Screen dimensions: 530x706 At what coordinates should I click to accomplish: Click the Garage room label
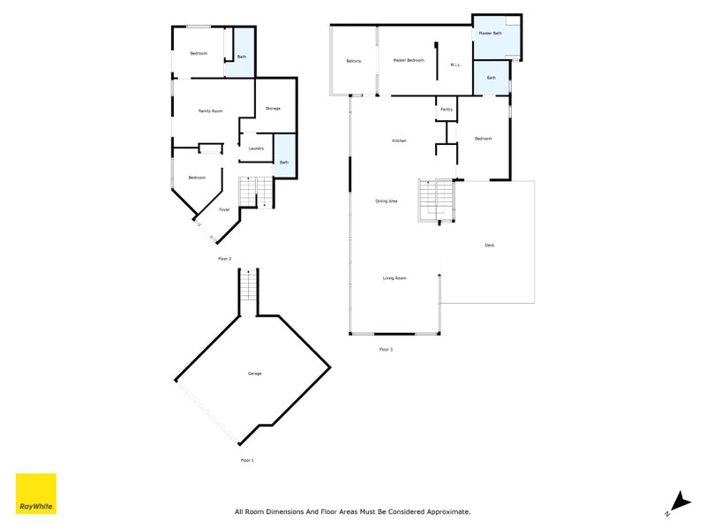pos(254,374)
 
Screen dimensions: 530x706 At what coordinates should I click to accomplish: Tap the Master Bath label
pos(490,34)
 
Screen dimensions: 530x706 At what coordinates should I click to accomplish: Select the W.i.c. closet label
pos(455,64)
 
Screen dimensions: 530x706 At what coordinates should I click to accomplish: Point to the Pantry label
pos(447,110)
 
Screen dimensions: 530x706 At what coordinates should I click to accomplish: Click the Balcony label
pos(353,60)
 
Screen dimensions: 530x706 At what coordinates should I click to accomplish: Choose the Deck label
pos(489,245)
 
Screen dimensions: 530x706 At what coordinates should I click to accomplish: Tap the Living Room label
pos(394,278)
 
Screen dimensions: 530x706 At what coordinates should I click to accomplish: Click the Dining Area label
pos(387,201)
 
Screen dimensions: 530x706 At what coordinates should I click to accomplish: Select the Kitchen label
pos(399,141)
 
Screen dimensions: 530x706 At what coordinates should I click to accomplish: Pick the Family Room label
pos(210,110)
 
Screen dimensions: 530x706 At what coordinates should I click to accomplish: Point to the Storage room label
pos(273,108)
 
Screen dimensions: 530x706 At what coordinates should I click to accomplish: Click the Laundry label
pos(256,148)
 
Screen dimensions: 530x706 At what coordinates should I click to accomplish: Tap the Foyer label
pos(225,209)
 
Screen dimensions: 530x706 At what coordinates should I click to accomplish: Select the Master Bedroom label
pos(409,60)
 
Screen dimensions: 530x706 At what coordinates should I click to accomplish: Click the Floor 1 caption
pos(247,460)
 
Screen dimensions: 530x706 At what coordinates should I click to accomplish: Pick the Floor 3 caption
pos(386,350)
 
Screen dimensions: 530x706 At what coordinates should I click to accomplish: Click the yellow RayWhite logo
pos(36,494)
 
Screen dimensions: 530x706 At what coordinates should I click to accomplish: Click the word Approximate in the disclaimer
pos(447,511)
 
